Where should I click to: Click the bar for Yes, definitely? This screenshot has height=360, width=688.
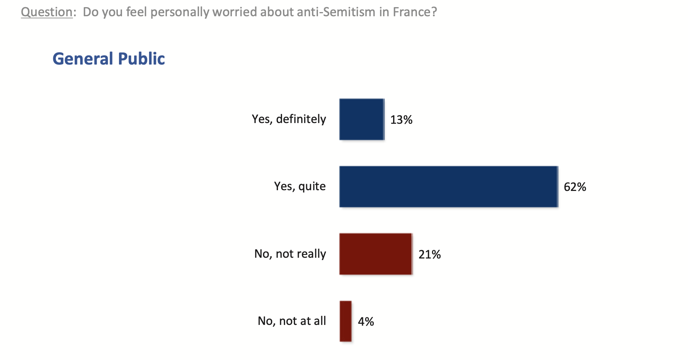pos(361,119)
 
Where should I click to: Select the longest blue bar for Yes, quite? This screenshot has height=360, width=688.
pos(448,186)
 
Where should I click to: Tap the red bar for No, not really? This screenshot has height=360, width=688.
pos(375,254)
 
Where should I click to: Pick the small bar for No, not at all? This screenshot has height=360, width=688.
pos(346,321)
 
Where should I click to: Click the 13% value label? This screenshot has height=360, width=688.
pos(401,120)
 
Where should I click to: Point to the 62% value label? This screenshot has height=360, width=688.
pos(575,187)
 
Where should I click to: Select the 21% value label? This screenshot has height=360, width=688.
pos(429,254)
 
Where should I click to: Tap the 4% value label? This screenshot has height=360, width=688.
pos(366,322)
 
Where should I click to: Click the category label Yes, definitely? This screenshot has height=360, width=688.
pos(289,119)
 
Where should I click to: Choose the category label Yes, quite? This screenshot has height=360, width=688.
pos(300,186)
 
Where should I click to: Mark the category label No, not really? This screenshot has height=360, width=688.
pos(290,254)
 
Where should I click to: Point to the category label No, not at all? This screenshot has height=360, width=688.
pos(292,321)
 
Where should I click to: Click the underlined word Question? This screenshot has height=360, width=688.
pos(46,12)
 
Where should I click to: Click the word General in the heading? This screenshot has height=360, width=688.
pos(83,59)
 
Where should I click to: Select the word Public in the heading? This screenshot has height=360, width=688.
pos(141,59)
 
